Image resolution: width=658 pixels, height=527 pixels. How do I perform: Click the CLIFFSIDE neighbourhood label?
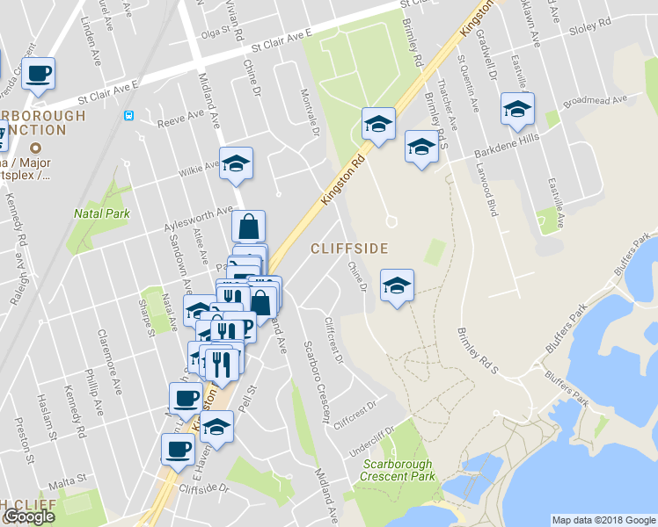(348, 249)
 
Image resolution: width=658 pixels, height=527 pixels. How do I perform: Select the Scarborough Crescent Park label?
(397, 470)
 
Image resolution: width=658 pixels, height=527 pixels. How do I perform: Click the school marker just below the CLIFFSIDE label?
(397, 285)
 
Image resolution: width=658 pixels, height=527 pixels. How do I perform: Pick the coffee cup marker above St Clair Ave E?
(39, 73)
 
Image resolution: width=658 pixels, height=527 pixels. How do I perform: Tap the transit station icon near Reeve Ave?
(129, 114)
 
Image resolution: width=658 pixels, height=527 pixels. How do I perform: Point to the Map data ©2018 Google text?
(603, 520)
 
